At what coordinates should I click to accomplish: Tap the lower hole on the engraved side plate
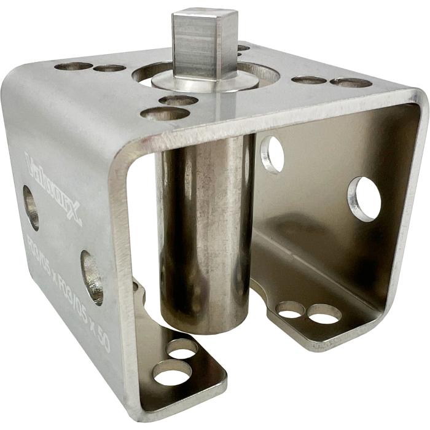[92, 277]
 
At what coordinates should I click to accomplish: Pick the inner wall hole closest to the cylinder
[272, 154]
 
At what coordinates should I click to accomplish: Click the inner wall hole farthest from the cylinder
[365, 198]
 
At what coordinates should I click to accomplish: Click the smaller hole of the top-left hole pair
[110, 68]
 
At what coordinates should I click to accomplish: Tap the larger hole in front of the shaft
[164, 114]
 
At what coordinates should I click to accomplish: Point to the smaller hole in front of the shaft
[178, 100]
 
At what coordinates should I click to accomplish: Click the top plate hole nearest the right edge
[351, 82]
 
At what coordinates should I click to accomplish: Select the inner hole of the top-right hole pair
[308, 80]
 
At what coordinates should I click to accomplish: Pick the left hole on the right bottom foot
[290, 309]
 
